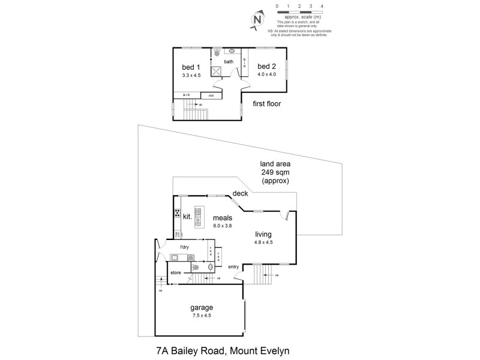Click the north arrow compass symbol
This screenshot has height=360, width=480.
point(257,20)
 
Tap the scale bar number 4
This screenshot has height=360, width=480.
point(322,5)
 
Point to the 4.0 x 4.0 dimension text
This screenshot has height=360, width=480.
point(266,75)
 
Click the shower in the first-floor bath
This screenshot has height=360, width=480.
point(216,71)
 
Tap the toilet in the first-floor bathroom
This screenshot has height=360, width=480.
point(217,52)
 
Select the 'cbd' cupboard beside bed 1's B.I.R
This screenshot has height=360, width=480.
point(211,95)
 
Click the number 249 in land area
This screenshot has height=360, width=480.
point(268,172)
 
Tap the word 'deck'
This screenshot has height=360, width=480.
point(241,193)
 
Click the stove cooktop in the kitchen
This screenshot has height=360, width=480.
point(178,213)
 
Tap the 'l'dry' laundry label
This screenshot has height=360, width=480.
point(185,247)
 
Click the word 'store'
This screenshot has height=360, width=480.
point(176,272)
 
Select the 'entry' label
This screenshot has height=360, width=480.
point(233,267)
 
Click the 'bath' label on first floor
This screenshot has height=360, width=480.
point(229,62)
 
